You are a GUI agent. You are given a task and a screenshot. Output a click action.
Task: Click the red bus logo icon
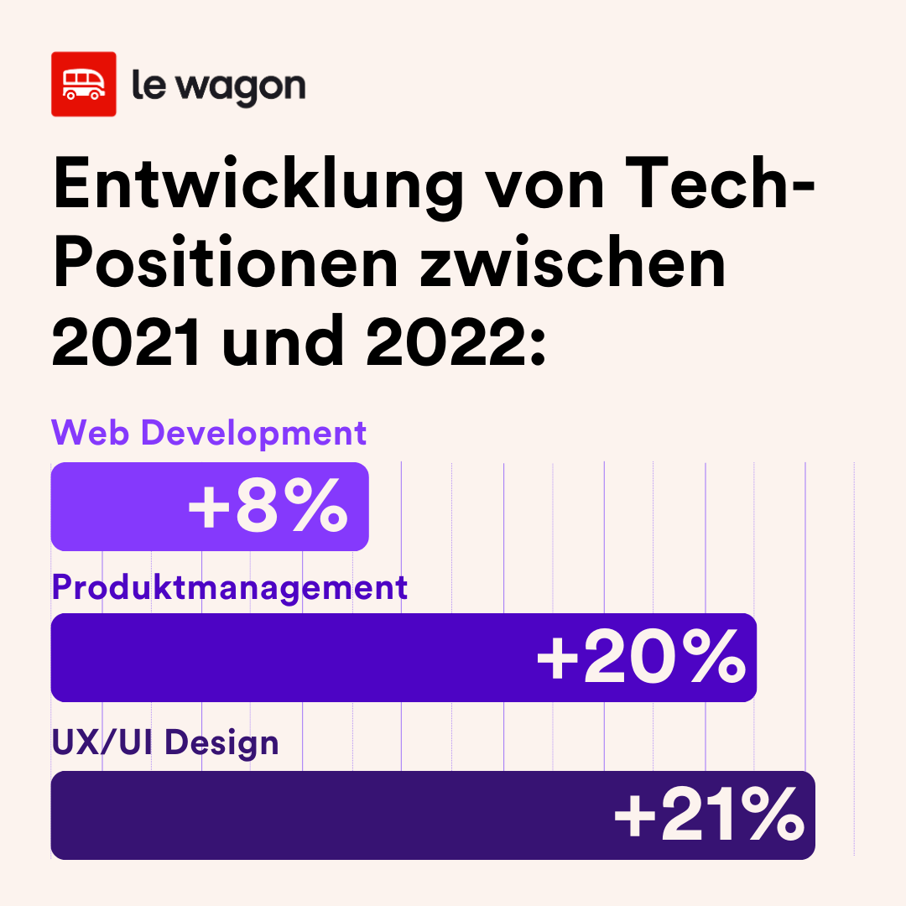point(82,84)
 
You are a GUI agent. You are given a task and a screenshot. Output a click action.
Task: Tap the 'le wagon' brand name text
point(218,86)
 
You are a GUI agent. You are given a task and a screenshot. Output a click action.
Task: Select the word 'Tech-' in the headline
point(720,186)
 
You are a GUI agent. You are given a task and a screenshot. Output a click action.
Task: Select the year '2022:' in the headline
point(456,341)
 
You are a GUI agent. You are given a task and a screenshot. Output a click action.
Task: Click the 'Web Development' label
point(209,434)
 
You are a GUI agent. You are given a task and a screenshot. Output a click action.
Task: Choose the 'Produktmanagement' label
point(230,587)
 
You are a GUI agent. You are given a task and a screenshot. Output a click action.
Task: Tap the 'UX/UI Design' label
point(165,742)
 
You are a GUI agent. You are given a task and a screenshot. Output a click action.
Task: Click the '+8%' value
point(268,506)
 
